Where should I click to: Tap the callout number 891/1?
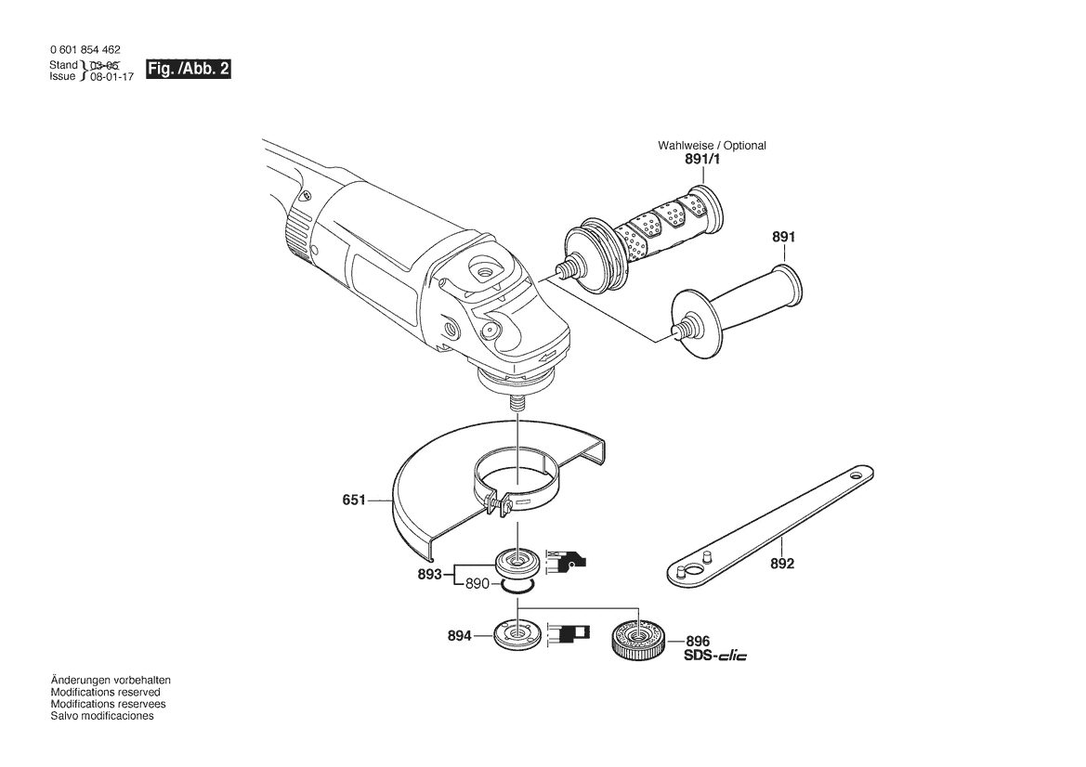point(702,159)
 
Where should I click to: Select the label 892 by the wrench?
point(782,564)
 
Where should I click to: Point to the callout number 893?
point(429,574)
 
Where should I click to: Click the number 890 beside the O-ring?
point(478,583)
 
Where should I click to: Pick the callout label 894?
point(459,635)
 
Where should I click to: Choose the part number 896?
point(699,641)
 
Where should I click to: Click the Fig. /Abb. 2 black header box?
point(188,70)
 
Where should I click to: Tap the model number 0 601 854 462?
point(85,50)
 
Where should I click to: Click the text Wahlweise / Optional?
point(712,146)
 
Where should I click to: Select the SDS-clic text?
point(715,655)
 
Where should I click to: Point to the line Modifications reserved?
point(105,692)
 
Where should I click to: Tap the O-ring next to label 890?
point(517,587)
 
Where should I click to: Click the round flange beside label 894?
point(517,634)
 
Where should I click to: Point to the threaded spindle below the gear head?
point(517,403)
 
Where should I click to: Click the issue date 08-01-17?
point(111,77)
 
